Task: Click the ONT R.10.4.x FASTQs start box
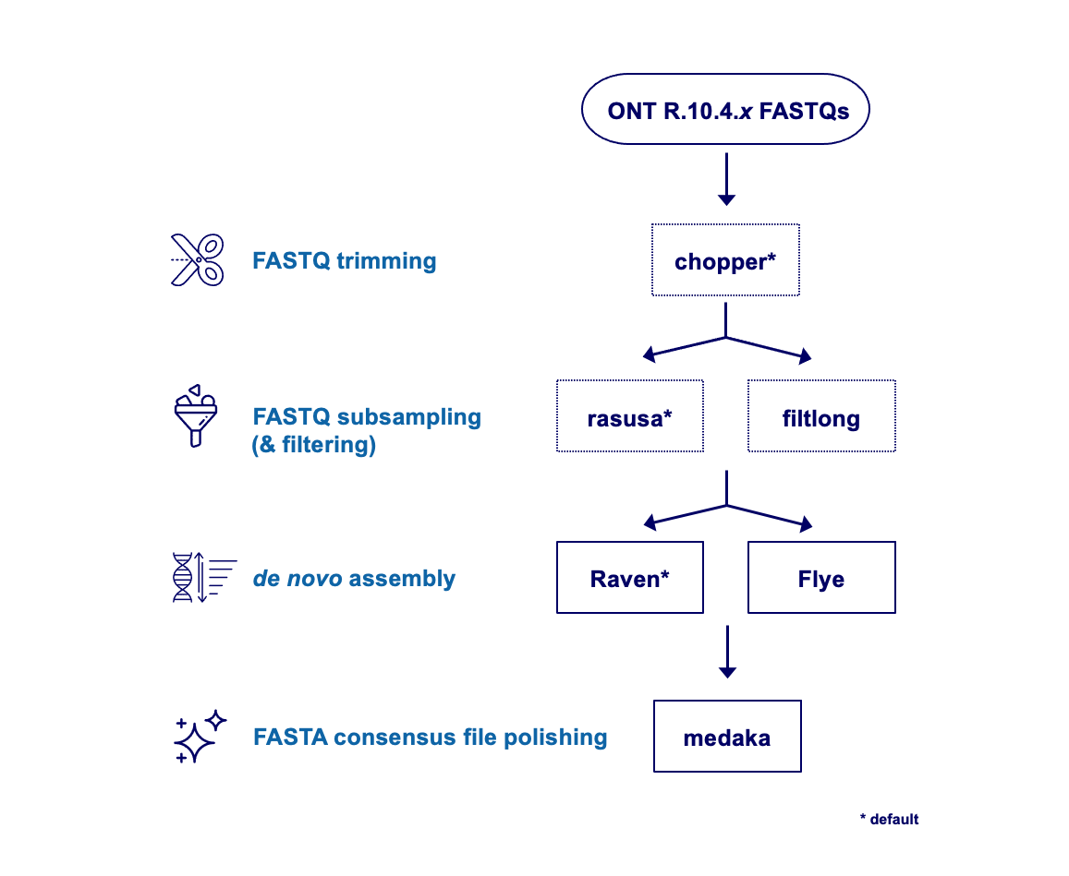(725, 110)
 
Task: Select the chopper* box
(725, 261)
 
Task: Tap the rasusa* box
(629, 417)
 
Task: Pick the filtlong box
(820, 417)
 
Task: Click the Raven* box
(629, 579)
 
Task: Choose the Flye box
(820, 579)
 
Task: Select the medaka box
(726, 738)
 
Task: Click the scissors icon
(197, 260)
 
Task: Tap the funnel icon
(195, 416)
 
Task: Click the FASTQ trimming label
(344, 260)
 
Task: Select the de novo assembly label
(353, 579)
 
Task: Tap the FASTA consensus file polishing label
(430, 738)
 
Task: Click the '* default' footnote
(889, 819)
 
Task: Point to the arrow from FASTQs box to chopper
(726, 179)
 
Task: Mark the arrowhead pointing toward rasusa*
(650, 354)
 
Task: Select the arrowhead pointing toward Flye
(805, 523)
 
